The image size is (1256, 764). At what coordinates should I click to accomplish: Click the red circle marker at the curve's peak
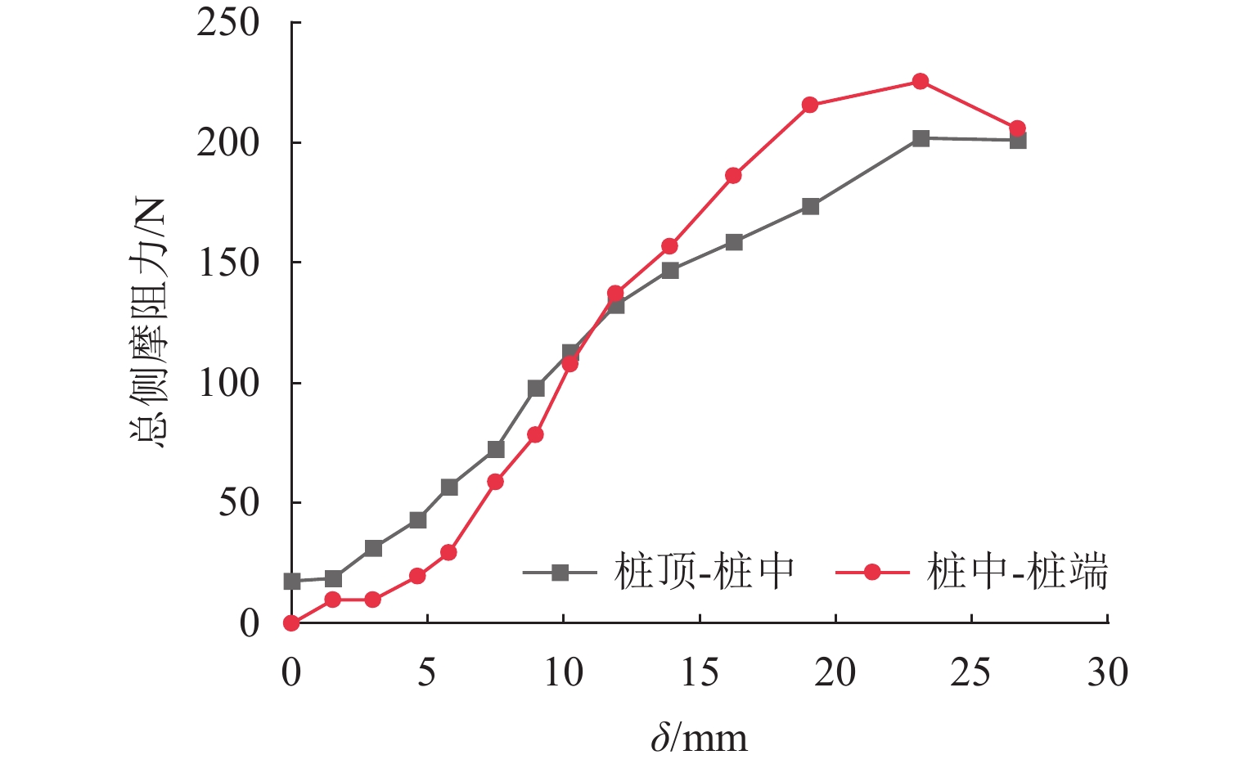pos(920,81)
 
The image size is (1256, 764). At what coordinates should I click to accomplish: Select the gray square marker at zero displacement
pos(292,582)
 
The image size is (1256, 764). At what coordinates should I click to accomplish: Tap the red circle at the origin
pos(291,622)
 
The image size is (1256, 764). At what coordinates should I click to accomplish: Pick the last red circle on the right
pos(1017,128)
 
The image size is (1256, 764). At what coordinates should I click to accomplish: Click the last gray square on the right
pos(1018,141)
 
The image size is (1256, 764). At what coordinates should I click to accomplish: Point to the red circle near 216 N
pos(810,105)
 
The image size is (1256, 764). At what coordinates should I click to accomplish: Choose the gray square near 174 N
pos(811,206)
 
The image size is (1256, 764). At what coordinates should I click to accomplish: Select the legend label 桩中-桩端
pos(1018,571)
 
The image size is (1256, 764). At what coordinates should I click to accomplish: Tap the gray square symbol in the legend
pos(560,573)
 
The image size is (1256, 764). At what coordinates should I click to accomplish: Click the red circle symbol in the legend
pos(872,573)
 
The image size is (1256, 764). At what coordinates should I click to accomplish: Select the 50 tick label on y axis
pos(238,502)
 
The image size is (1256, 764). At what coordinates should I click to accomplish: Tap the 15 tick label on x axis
pos(700,673)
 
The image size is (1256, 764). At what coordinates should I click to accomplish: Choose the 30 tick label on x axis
pos(1107,673)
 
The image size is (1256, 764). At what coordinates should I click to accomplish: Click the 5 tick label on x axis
pos(427,673)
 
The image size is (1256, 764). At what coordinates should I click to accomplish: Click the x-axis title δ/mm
pos(700,738)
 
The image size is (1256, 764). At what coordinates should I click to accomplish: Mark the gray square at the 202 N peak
pos(921,138)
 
